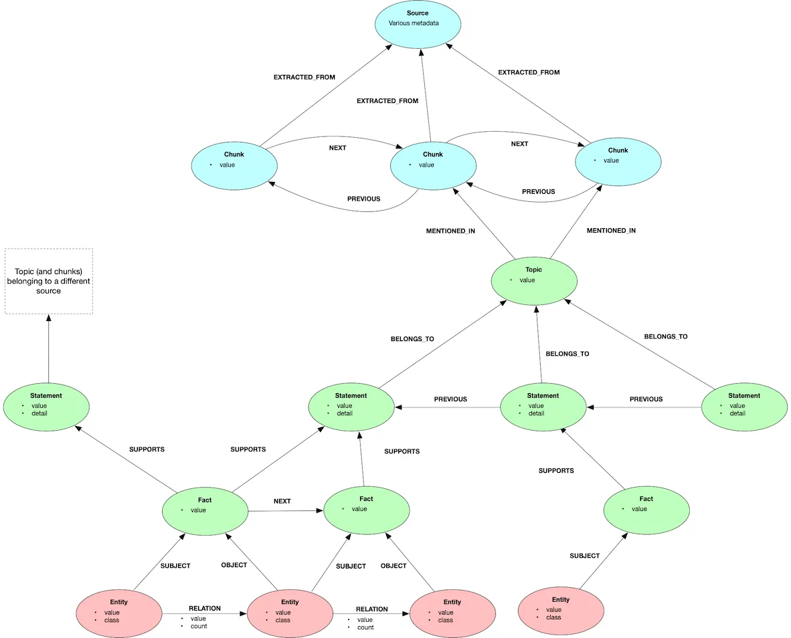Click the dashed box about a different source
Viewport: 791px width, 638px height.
pyautogui.click(x=49, y=281)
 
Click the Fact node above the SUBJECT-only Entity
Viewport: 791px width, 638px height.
pyautogui.click(x=646, y=510)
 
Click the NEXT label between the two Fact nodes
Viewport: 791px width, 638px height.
pyautogui.click(x=282, y=501)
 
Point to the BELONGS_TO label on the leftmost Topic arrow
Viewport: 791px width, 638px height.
pyautogui.click(x=412, y=339)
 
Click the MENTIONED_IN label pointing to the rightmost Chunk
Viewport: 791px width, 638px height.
pyautogui.click(x=611, y=230)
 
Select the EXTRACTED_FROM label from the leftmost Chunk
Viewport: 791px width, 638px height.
pyautogui.click(x=304, y=78)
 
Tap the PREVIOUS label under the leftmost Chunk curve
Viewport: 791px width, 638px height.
pyautogui.click(x=363, y=199)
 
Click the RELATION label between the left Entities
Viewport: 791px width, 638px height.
pyautogui.click(x=204, y=609)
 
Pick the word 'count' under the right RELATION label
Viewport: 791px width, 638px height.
pyautogui.click(x=365, y=627)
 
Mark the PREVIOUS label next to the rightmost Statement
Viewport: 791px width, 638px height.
pyautogui.click(x=646, y=399)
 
